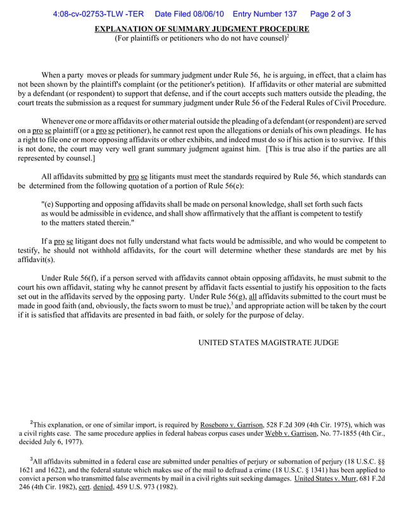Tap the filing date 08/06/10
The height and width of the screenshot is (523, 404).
(204, 14)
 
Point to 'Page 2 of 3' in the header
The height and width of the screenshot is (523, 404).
(331, 14)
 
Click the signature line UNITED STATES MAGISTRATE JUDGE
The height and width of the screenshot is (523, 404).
(268, 343)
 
